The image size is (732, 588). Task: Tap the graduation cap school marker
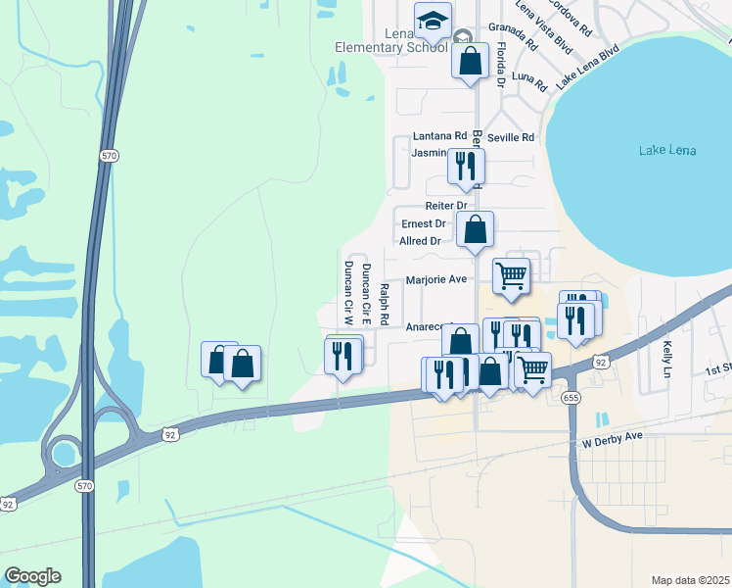[432, 20]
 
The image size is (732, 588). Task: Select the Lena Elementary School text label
[404, 40]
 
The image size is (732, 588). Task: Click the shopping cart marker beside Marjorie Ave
[511, 277]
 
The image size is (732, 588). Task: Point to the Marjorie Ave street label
[436, 279]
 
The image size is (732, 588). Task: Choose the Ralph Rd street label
[385, 304]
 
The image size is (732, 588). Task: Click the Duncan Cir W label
[347, 293]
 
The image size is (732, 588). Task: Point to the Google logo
[32, 576]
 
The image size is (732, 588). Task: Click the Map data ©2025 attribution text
[690, 580]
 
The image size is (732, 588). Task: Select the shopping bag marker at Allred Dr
[475, 231]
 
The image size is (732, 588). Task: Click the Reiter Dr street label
[447, 206]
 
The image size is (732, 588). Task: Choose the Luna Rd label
[528, 75]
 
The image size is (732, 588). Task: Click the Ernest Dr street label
[424, 223]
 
